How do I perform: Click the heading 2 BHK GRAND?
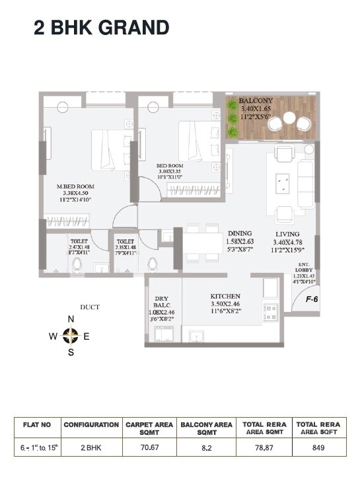tap(102, 27)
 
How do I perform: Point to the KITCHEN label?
tap(225, 296)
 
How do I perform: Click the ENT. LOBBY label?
tap(305, 270)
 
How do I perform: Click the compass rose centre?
tap(71, 336)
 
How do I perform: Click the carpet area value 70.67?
tap(149, 447)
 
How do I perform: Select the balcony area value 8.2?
tap(206, 447)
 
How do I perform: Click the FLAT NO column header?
tap(36, 424)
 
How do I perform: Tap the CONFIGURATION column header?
tap(91, 424)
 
